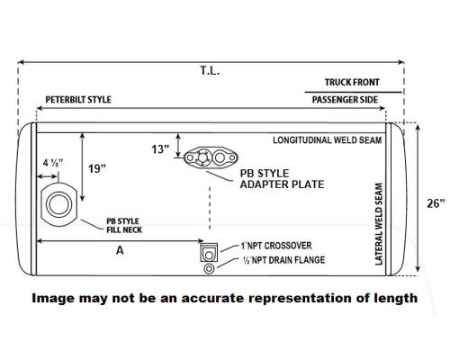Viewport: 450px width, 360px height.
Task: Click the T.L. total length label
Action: [x=210, y=71]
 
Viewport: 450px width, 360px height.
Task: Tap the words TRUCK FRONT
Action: [x=352, y=82]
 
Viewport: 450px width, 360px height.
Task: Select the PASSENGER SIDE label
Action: [x=345, y=100]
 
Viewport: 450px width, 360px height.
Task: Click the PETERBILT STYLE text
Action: [x=78, y=100]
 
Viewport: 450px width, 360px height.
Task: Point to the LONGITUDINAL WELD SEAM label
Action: [x=328, y=140]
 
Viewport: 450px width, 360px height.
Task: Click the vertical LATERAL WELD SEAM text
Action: [x=379, y=224]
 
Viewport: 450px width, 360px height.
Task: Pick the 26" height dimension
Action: [x=436, y=203]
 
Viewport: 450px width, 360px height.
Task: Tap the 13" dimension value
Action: [x=160, y=149]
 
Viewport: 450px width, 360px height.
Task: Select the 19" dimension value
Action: [x=97, y=168]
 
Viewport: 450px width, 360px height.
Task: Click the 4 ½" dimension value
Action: [x=53, y=163]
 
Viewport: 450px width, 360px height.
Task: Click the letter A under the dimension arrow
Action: [x=120, y=250]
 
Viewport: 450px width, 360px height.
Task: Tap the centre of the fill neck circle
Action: [x=58, y=204]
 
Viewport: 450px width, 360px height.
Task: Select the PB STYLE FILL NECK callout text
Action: [x=124, y=226]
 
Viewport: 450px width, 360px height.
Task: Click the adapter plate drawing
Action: [x=211, y=157]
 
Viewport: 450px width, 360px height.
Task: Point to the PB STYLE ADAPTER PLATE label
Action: [x=282, y=179]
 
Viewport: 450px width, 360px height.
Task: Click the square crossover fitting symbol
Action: [x=209, y=253]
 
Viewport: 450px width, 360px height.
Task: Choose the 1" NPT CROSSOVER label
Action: [x=276, y=246]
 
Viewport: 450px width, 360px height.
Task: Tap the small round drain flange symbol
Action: [x=209, y=268]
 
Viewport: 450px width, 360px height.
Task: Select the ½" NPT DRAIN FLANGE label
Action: [x=283, y=260]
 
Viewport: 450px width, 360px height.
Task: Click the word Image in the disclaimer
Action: [x=53, y=299]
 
